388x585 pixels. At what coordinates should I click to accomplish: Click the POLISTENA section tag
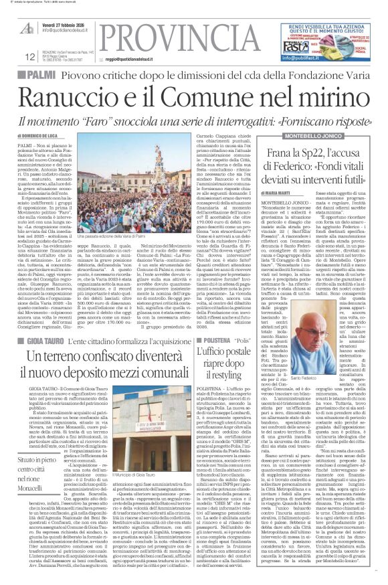point(210,323)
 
